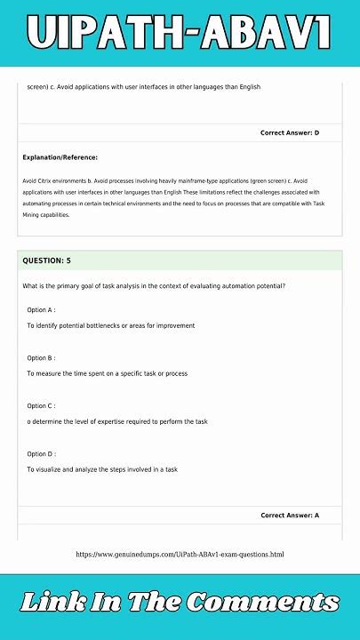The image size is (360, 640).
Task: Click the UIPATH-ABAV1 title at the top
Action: (180, 33)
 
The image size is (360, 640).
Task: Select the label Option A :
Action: (42, 309)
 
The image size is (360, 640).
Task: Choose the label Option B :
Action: (42, 357)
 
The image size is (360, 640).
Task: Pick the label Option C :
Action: (42, 405)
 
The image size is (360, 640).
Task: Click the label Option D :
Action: (42, 453)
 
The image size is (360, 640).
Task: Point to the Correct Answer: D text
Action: (290, 132)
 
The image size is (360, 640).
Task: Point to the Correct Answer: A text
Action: (290, 516)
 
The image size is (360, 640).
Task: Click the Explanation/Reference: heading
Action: (60, 157)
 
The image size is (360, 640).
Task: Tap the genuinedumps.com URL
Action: (180, 555)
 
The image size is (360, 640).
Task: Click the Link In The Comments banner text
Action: (180, 603)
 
